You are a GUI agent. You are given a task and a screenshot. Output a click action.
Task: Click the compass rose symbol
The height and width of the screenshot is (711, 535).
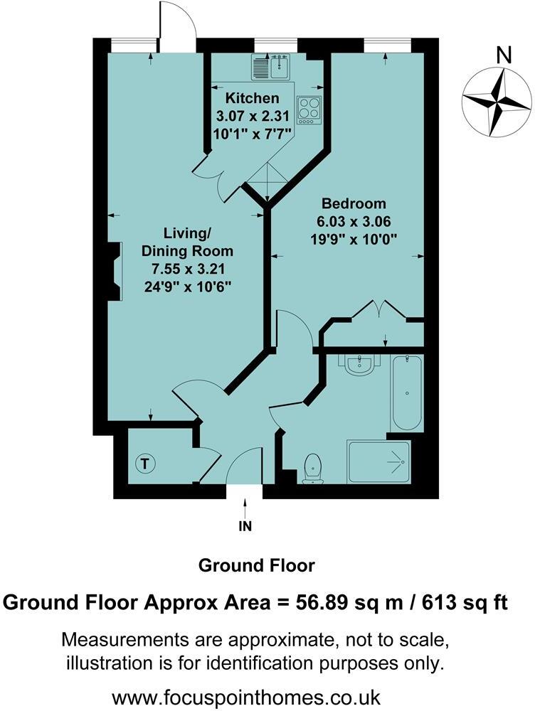[496, 101]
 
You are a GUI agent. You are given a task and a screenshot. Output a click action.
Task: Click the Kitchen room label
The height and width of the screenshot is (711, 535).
[253, 98]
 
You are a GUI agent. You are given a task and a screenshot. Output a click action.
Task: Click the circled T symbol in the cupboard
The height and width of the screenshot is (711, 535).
[146, 465]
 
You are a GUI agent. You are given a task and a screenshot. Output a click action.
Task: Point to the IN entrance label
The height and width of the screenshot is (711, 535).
[245, 527]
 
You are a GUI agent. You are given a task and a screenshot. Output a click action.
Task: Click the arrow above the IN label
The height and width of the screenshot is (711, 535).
[245, 508]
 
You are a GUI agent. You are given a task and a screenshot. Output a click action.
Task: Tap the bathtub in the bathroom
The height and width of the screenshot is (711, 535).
[407, 392]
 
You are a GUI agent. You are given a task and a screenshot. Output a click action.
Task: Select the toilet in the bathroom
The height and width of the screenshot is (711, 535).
[312, 469]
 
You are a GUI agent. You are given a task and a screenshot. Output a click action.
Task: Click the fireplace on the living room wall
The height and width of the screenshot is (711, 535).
[114, 273]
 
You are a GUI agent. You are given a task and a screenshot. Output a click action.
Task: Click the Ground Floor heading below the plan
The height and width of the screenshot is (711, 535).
[256, 566]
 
